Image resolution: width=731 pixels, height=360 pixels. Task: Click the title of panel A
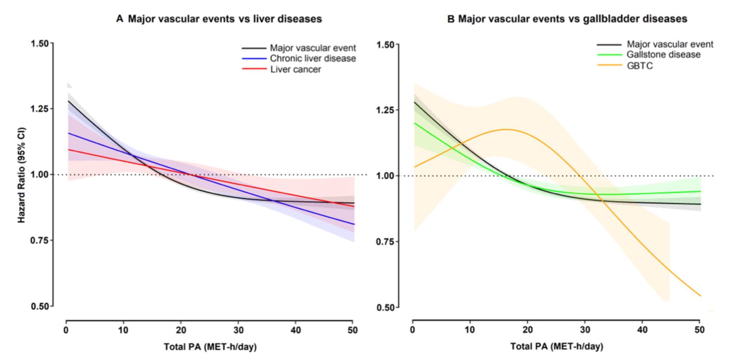click(x=219, y=19)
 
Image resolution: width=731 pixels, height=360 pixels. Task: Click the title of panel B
click(x=567, y=19)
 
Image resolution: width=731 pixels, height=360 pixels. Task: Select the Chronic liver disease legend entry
click(x=313, y=58)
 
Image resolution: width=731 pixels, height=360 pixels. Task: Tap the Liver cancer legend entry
click(x=295, y=69)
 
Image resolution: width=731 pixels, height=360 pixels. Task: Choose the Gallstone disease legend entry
click(x=664, y=55)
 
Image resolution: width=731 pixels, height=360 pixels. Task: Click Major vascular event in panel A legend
click(x=313, y=48)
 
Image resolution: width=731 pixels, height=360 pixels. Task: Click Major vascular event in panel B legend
click(x=670, y=44)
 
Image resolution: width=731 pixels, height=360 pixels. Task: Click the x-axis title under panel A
click(x=210, y=347)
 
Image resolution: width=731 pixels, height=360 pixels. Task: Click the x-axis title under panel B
click(x=556, y=347)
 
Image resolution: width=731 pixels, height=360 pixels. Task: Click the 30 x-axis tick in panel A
click(x=238, y=330)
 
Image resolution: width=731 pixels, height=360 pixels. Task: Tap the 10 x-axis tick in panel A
click(x=123, y=330)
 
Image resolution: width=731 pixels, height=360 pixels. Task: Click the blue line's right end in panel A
click(x=354, y=224)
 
